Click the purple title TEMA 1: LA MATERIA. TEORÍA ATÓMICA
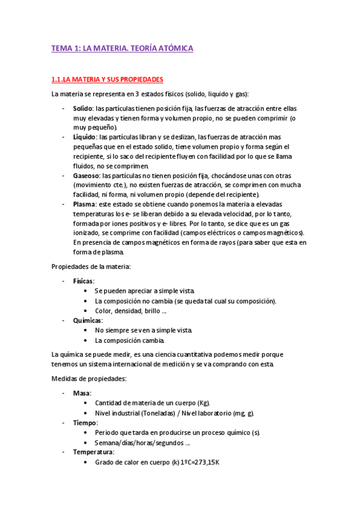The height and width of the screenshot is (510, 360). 122,49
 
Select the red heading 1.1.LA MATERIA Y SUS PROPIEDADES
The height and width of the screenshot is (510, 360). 107,79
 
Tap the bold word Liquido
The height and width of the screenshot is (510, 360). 85,137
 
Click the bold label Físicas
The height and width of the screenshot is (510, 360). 84,281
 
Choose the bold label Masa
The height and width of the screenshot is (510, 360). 82,393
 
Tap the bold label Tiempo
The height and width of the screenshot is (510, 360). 85,422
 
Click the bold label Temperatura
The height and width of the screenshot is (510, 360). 93,451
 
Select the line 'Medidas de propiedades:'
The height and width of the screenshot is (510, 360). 88,379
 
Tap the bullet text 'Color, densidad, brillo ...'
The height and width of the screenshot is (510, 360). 130,310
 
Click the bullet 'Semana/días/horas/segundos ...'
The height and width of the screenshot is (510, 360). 142,442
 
